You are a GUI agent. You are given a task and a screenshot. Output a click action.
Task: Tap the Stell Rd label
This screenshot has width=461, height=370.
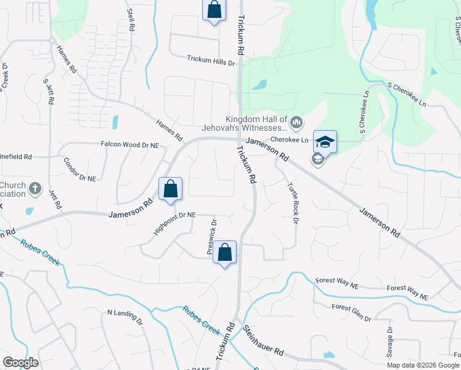[131, 20]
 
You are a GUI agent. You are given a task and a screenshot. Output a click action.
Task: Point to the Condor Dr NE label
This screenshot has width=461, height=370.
[80, 170]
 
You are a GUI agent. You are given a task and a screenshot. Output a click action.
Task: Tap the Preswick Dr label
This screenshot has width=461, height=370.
[212, 237]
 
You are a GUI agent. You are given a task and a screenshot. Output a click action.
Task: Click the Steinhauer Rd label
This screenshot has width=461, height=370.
[263, 342]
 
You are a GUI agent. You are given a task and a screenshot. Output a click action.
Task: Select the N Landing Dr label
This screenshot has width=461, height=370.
[124, 318]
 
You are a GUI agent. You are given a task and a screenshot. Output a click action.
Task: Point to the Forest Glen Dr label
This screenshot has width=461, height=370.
[351, 313]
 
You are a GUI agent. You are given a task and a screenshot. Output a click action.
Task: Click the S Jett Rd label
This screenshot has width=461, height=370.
[47, 90]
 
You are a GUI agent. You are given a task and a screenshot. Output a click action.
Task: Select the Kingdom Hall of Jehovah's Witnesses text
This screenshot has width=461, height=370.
[256, 123]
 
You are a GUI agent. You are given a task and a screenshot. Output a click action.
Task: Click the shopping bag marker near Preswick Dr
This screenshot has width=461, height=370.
[225, 252]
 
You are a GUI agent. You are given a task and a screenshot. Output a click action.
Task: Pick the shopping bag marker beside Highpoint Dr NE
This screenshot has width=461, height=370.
[171, 189]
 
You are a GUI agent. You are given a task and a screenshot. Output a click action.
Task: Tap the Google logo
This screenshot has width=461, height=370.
[20, 363]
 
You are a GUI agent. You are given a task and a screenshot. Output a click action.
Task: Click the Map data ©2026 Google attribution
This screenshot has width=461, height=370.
[423, 365]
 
